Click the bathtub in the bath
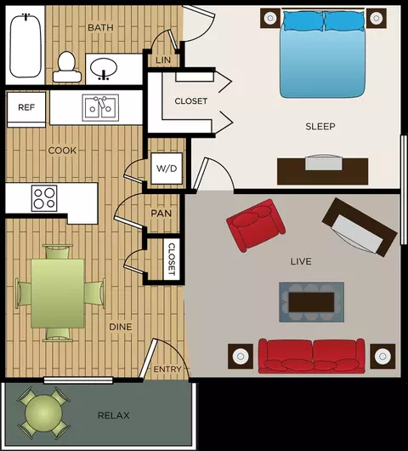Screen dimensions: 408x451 [x=25, y=45]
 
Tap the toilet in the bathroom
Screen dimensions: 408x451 [x=67, y=66]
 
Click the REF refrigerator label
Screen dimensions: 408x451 [x=26, y=107]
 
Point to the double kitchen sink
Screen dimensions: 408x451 [x=100, y=108]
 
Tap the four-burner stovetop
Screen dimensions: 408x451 [x=44, y=198]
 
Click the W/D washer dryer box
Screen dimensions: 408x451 [x=167, y=168]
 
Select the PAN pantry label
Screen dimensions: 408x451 [x=161, y=214]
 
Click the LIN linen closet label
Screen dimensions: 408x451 [x=163, y=60]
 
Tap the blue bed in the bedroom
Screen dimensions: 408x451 [x=323, y=54]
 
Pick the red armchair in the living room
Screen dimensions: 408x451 [x=256, y=225]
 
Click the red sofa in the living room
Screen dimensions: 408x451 [x=312, y=356]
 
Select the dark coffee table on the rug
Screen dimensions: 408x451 [x=311, y=302]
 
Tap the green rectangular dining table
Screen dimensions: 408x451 [x=58, y=294]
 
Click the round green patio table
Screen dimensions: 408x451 [x=43, y=413]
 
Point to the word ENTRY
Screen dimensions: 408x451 [x=167, y=369]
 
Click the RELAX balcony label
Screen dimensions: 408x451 [x=114, y=415]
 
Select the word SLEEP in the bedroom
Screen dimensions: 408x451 [x=320, y=126]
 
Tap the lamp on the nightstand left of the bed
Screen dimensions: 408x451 [x=270, y=19]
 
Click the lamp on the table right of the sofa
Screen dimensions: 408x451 [x=382, y=357]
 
